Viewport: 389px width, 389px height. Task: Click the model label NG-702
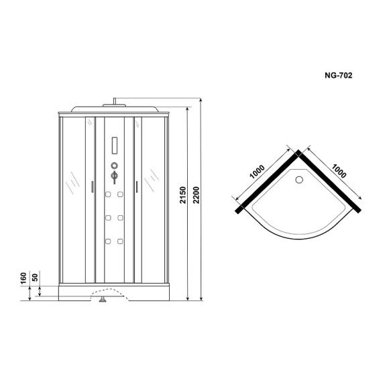tap(339, 75)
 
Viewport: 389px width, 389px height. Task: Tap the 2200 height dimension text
tap(197, 195)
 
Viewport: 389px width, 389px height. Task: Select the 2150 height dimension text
tap(183, 195)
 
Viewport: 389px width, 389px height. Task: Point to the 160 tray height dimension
tap(23, 278)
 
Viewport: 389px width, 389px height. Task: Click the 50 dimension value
tap(36, 277)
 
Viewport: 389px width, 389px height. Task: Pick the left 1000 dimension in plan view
tap(257, 172)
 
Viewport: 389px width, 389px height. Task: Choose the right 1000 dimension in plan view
tap(339, 171)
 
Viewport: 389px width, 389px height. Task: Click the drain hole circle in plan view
tap(299, 179)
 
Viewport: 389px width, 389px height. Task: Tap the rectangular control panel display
tap(115, 146)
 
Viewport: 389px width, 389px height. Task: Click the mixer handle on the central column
tap(114, 176)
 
